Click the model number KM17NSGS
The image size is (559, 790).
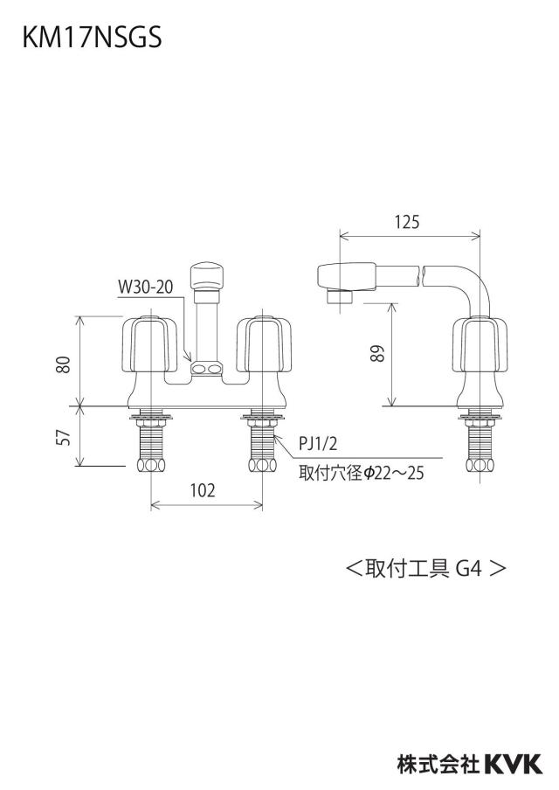coord(92,38)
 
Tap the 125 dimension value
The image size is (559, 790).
coord(407,222)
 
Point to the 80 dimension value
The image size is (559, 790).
coord(63,364)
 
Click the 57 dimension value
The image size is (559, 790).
coord(63,436)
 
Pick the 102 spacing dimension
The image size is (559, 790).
coord(203,489)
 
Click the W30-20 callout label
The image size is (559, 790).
coord(146,287)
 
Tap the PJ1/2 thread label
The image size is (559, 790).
coord(318,444)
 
